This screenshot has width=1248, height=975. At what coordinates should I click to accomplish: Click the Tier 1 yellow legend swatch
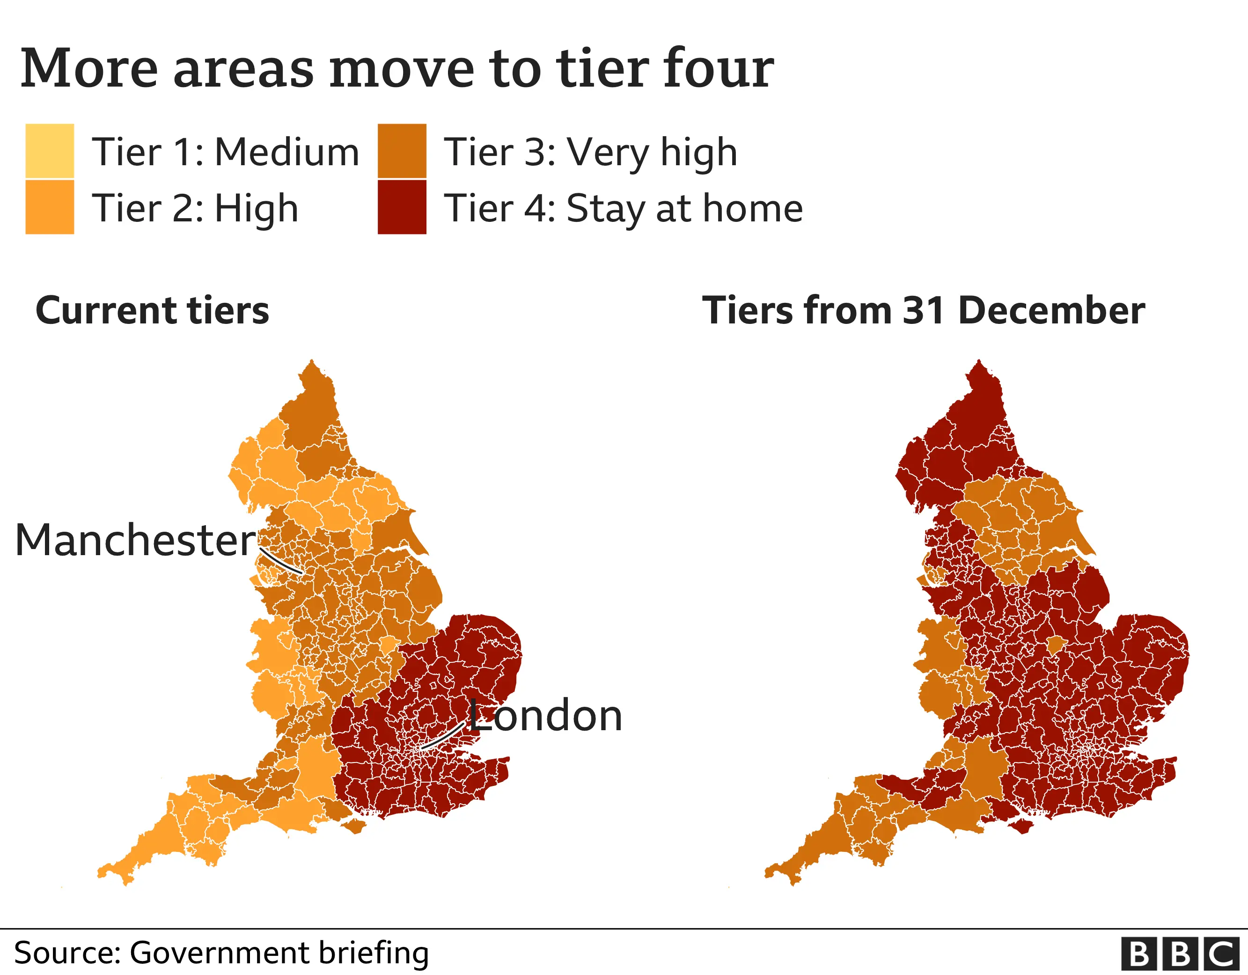[50, 150]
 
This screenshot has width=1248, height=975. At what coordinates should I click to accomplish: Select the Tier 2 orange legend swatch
[50, 207]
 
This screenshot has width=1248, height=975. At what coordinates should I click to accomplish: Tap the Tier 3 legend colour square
[402, 150]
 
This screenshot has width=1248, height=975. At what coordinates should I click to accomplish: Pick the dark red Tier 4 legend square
[402, 207]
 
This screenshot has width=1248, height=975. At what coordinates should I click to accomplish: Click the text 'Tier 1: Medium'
[225, 153]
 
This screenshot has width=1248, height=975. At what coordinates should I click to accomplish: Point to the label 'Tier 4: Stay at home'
[623, 209]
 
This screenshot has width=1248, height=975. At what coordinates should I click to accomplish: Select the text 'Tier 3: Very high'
[590, 153]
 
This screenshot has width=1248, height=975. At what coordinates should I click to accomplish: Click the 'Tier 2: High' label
[195, 209]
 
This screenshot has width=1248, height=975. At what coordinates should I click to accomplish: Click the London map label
[546, 716]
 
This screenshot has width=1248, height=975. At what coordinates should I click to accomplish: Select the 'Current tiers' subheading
[152, 311]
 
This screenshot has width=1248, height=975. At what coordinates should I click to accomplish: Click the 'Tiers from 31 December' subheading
[923, 311]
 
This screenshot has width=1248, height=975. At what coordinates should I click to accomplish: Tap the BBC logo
[1182, 954]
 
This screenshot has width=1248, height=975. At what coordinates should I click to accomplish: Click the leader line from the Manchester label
[281, 562]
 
